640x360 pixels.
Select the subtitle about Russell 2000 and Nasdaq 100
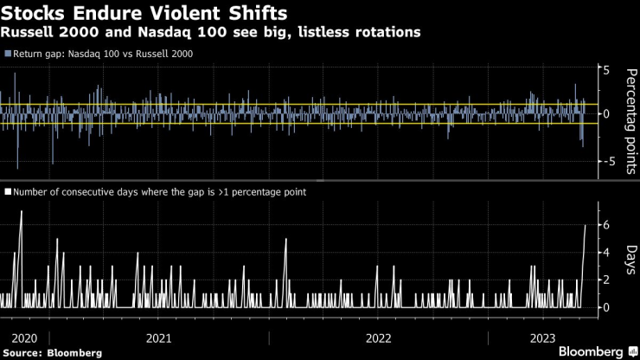click(x=213, y=33)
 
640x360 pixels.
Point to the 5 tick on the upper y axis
click(x=607, y=70)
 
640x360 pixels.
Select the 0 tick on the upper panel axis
click(x=607, y=113)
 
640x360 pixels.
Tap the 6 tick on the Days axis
click(x=607, y=224)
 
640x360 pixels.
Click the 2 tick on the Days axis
click(x=607, y=280)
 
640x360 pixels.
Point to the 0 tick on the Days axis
click(x=607, y=307)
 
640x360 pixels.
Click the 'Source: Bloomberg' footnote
click(x=52, y=353)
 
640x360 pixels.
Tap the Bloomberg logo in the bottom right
click(x=591, y=351)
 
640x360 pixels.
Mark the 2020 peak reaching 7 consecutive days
click(x=21, y=212)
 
